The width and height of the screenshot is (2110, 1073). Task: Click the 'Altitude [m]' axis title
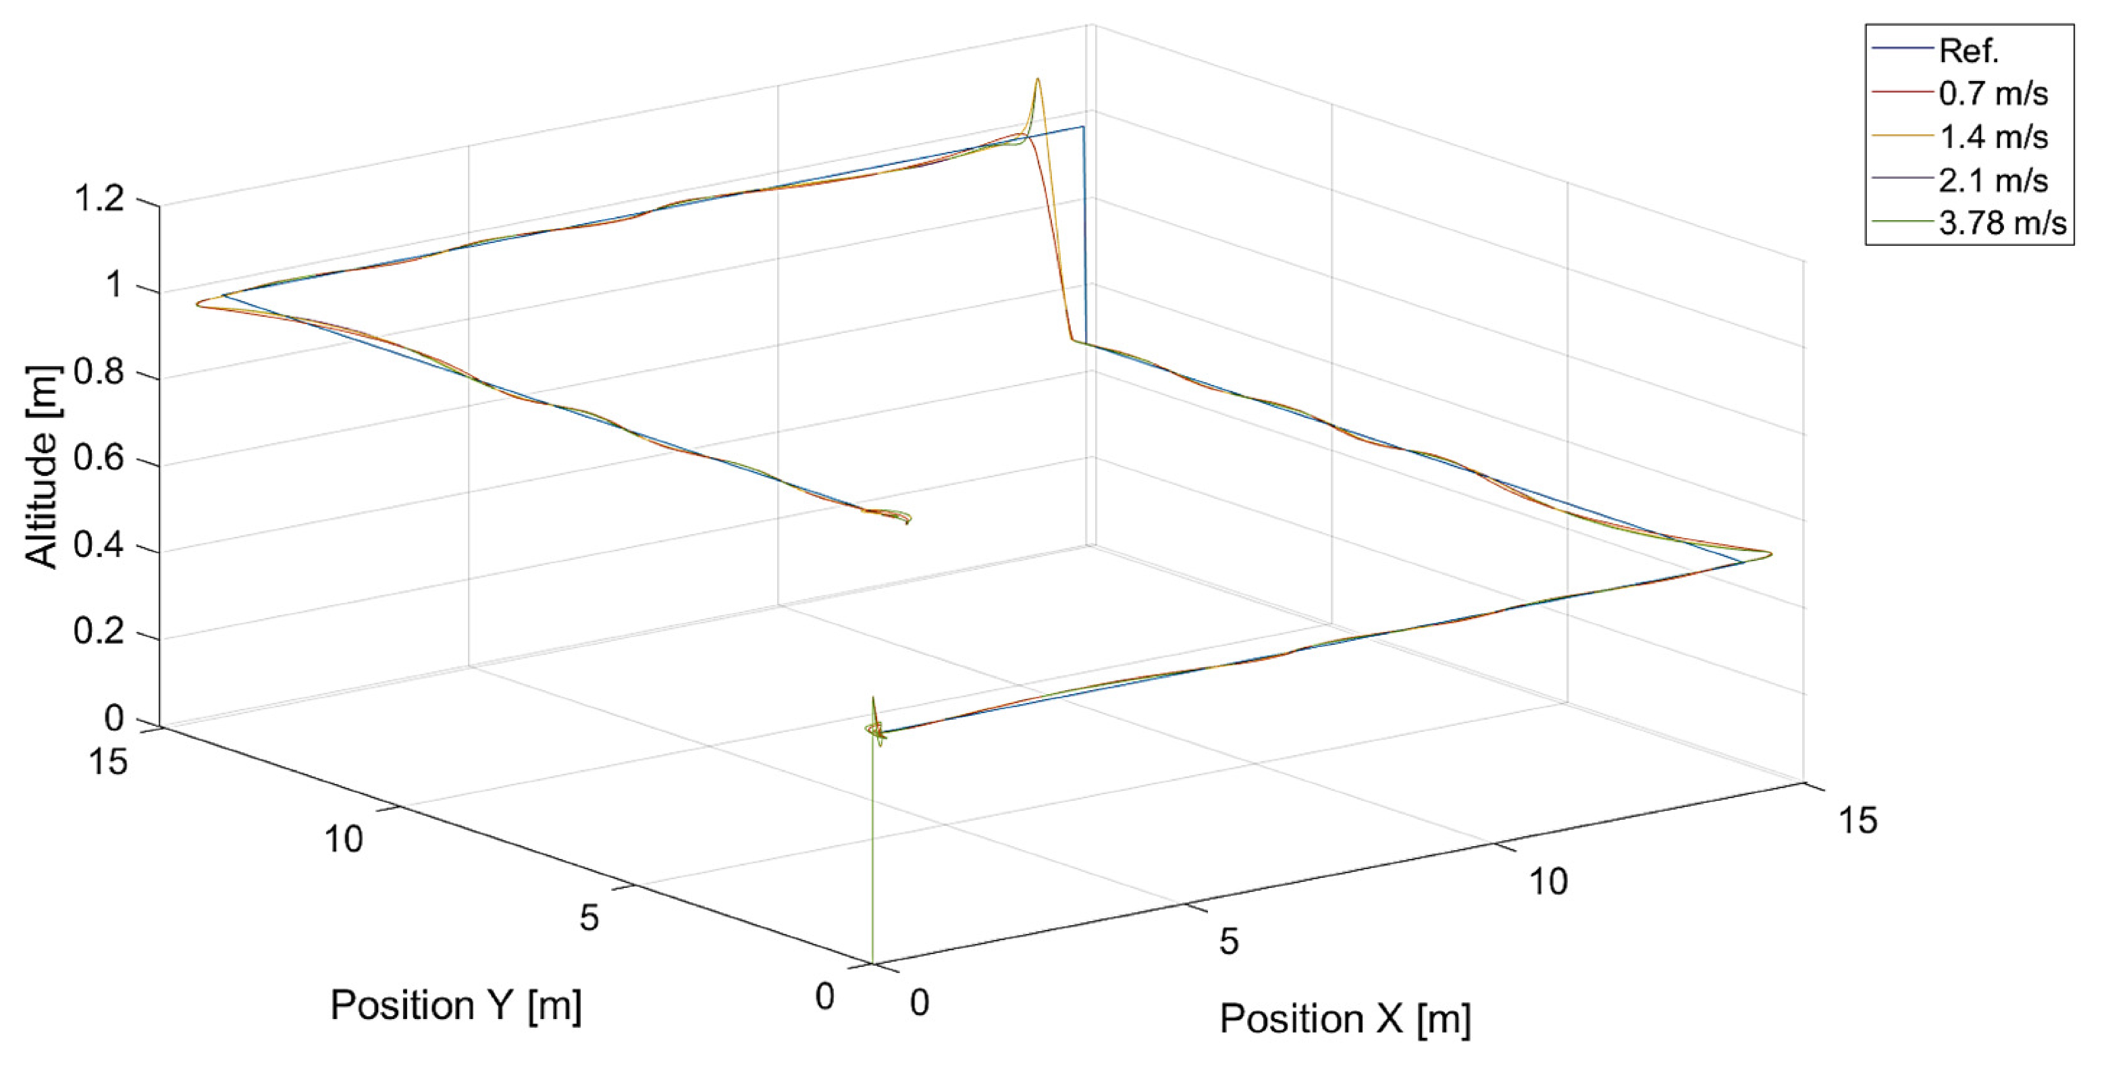point(41,467)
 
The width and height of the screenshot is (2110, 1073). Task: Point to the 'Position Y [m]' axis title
point(455,1005)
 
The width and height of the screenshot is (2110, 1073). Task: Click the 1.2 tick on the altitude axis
point(99,199)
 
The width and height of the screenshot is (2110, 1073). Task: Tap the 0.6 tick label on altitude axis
point(99,459)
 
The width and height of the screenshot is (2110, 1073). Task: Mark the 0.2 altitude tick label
point(99,631)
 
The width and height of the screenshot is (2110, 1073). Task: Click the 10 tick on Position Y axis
point(343,839)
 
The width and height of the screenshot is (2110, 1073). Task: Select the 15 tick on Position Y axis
point(108,762)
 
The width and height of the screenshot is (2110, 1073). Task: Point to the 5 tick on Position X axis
point(1229,942)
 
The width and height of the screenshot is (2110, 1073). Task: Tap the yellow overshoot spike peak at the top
point(1038,80)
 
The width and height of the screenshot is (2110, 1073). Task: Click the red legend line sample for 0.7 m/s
point(1902,94)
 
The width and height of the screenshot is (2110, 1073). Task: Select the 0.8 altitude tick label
point(99,373)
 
